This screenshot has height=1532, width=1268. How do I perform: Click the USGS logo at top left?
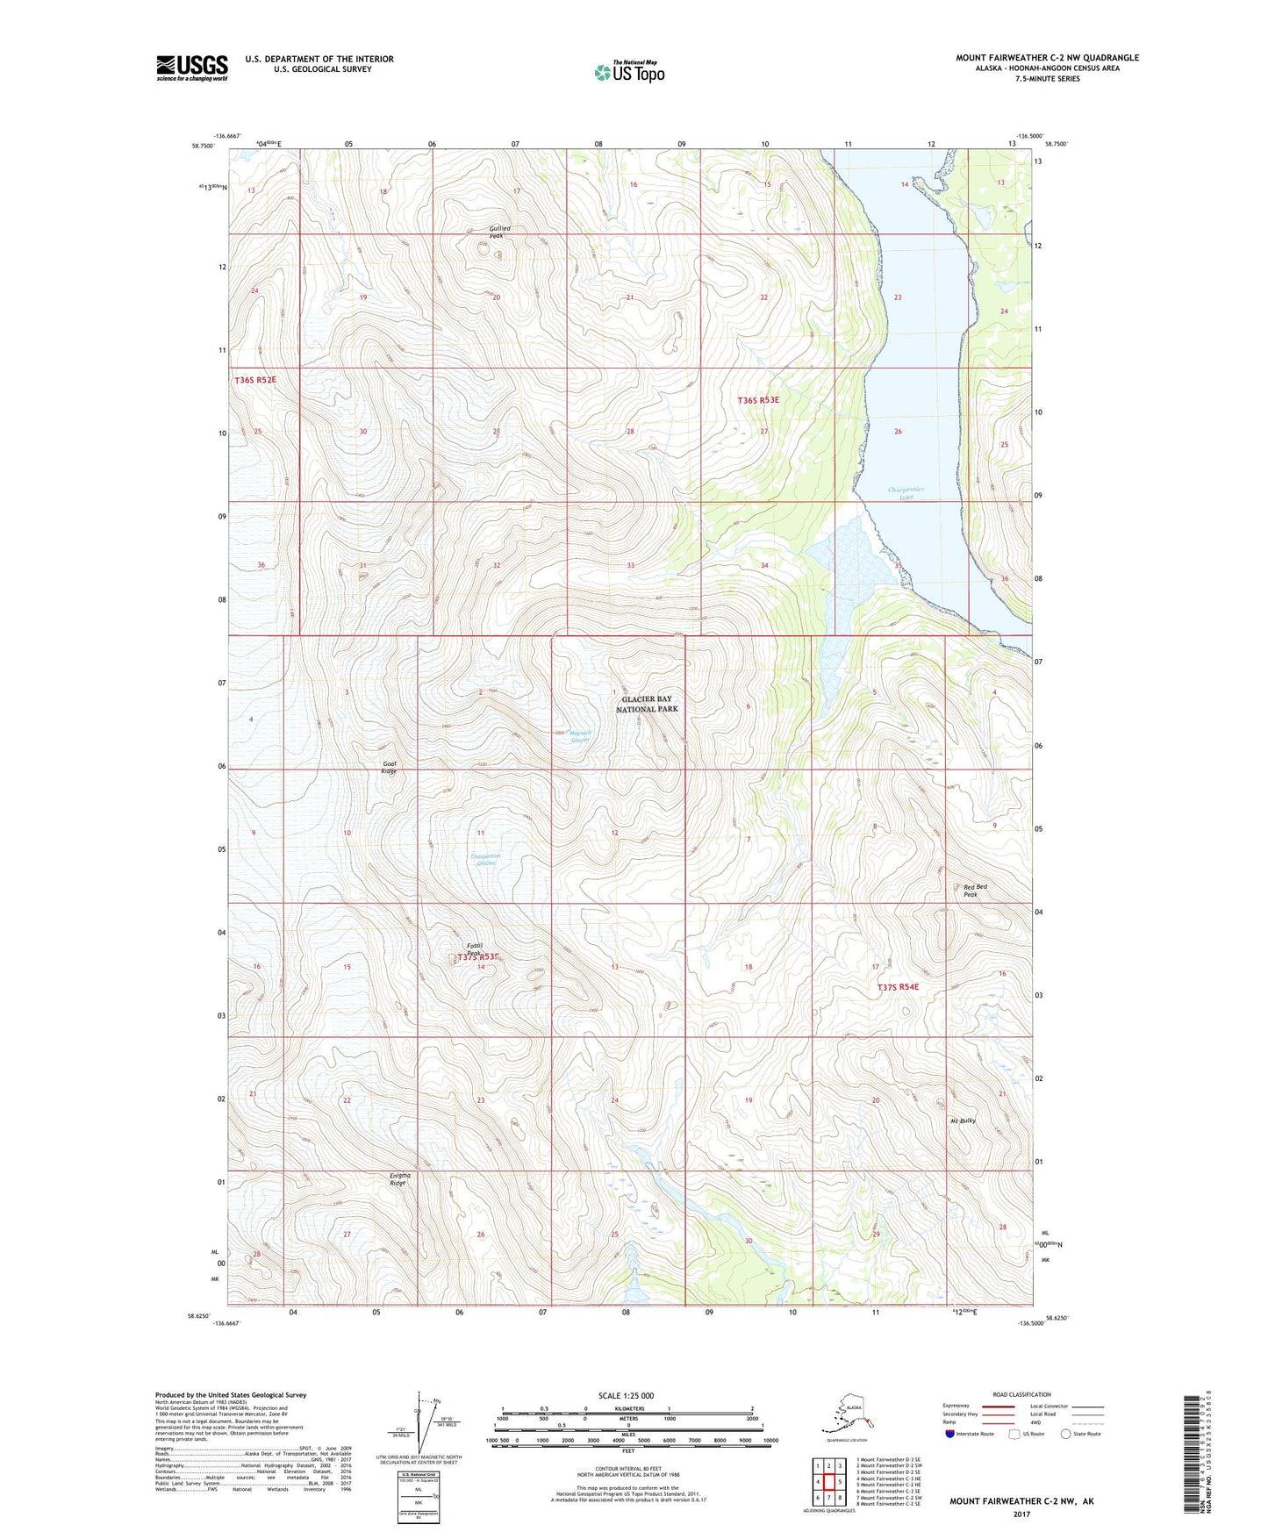click(x=191, y=68)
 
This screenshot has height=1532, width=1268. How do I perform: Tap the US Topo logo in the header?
click(x=629, y=72)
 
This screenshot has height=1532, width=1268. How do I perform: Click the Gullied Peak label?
click(x=499, y=232)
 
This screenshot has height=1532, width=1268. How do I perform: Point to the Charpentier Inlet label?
click(x=906, y=493)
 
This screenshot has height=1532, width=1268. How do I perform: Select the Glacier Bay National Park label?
click(x=647, y=704)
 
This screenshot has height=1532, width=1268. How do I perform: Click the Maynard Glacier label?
click(x=580, y=736)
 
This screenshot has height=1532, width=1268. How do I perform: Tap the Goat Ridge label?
click(x=390, y=768)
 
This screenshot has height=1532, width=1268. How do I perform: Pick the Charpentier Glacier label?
click(x=485, y=859)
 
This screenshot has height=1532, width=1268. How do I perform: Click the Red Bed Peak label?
click(x=975, y=891)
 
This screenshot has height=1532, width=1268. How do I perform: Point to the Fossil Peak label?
click(x=475, y=949)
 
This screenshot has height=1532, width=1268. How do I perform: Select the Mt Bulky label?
click(x=963, y=1120)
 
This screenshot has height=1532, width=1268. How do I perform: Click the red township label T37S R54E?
click(x=899, y=987)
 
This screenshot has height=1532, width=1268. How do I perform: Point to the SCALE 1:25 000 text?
click(x=626, y=1395)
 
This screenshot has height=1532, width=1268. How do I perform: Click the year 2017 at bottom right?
click(x=1021, y=1514)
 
